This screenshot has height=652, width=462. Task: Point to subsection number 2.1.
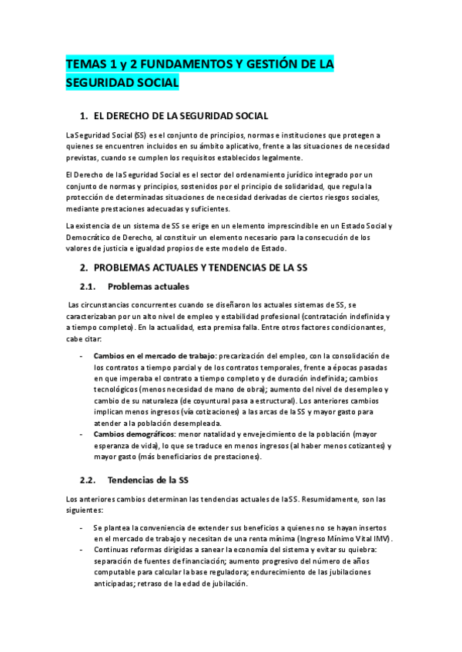(x=90, y=287)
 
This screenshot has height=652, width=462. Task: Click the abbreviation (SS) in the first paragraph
(x=139, y=135)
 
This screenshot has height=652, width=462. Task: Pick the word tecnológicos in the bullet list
(x=116, y=389)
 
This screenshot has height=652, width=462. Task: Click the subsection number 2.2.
(x=90, y=481)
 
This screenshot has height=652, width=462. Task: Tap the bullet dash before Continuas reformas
(x=82, y=551)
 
